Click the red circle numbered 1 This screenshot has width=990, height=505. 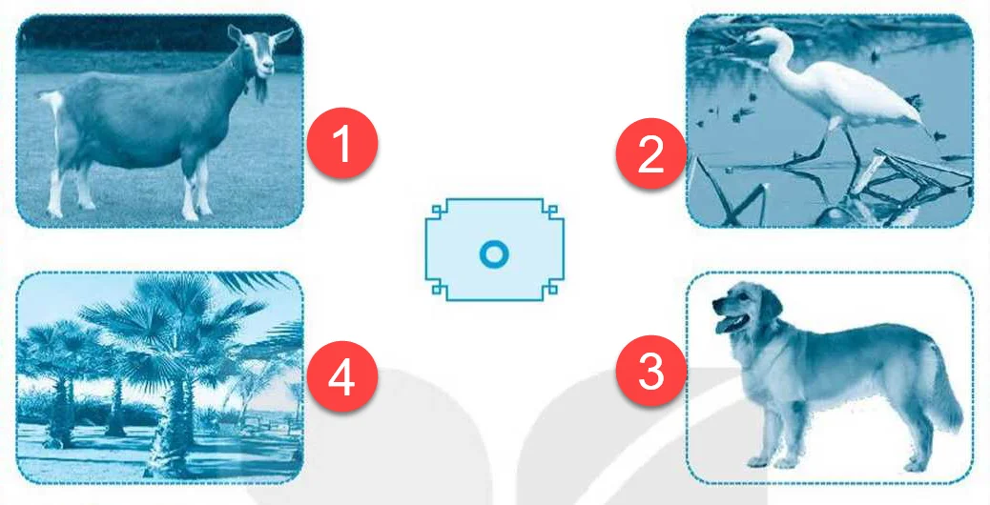[342, 143]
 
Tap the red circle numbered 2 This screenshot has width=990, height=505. [651, 153]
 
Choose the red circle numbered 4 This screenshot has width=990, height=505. [342, 377]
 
